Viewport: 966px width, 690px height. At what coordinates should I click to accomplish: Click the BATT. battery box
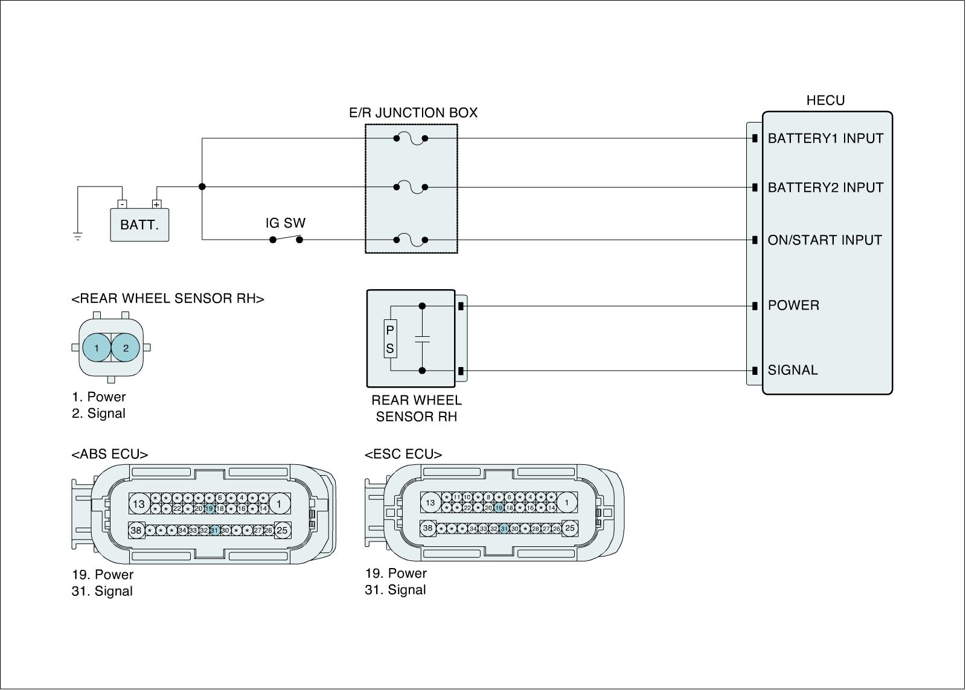[139, 225]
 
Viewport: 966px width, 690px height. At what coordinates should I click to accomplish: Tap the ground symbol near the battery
[77, 235]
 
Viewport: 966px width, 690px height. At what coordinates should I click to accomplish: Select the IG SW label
[285, 223]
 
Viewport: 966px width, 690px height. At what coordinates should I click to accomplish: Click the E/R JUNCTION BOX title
[413, 113]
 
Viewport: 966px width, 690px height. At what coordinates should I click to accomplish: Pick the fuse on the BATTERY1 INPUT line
[411, 139]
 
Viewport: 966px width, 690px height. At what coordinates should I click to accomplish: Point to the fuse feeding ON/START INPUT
[411, 240]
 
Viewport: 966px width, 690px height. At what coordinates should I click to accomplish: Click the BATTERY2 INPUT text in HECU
[825, 188]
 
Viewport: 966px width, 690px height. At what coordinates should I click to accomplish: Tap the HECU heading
[825, 101]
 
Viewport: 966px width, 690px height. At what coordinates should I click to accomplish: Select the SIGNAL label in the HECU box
[792, 370]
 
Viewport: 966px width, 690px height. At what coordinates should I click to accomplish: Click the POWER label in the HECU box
[793, 305]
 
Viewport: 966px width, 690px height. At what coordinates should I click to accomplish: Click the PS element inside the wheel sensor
[390, 339]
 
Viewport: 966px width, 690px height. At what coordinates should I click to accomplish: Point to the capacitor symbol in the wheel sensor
[422, 339]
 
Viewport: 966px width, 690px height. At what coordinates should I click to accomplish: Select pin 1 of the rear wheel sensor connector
[97, 348]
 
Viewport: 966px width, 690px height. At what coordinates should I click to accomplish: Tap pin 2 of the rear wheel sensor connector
[126, 348]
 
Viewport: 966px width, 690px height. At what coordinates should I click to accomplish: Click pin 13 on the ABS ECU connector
[139, 503]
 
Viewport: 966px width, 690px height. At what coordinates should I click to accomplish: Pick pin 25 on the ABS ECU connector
[281, 531]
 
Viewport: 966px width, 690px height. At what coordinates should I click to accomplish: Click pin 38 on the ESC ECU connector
[427, 528]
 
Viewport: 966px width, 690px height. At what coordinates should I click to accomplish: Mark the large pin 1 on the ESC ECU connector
[566, 502]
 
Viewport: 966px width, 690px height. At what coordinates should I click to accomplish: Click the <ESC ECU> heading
[403, 454]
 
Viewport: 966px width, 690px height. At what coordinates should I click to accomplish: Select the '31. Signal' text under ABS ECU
[102, 591]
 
